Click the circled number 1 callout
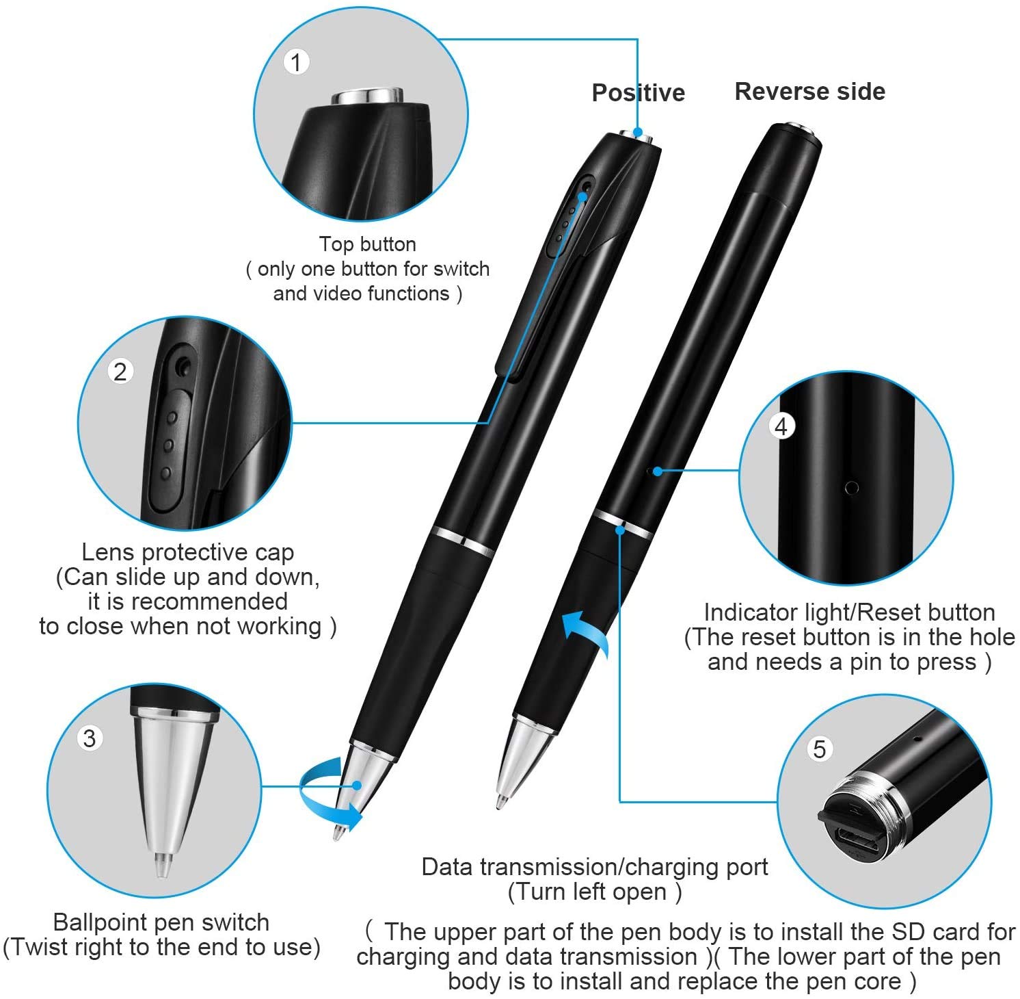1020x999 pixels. coord(296,62)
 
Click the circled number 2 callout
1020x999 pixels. coord(120,372)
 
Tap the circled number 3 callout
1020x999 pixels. coord(90,738)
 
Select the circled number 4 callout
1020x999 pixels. coord(781,427)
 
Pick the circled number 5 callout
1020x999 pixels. coord(819,749)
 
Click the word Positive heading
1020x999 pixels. coord(638,92)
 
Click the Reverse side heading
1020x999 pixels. coord(809,91)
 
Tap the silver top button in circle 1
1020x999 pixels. coord(366,96)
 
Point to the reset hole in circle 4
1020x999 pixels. coord(852,488)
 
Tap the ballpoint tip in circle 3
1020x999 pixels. coord(161,864)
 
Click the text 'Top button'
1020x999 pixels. coord(368,244)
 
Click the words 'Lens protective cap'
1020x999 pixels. coord(188,552)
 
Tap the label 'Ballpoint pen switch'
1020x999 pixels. coord(161,922)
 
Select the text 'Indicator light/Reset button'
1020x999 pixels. coord(849,612)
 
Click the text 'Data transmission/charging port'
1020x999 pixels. coord(595,867)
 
